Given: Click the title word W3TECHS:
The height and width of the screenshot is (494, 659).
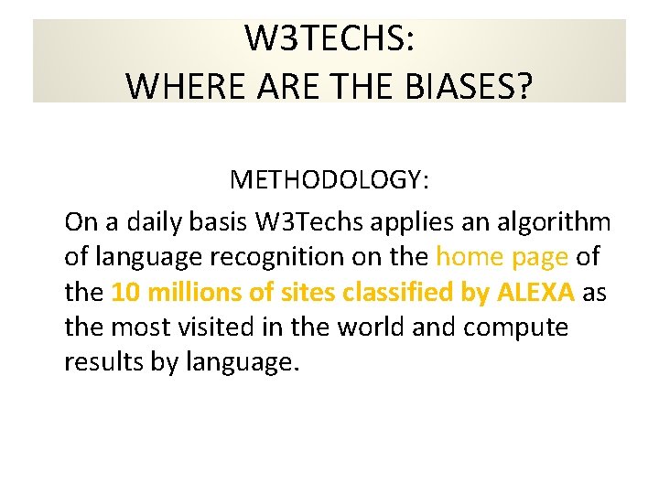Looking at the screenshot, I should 329,39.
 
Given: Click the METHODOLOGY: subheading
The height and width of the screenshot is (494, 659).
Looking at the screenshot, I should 329,179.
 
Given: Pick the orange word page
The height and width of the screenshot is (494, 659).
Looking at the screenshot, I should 539,257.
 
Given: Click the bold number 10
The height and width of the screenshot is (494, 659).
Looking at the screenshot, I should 124,292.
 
